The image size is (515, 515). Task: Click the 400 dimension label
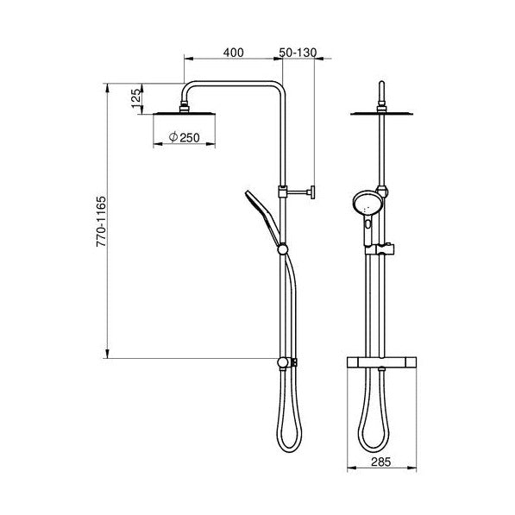click(233, 53)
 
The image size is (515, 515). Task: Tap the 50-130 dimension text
click(298, 53)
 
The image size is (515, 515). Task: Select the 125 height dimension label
click(136, 98)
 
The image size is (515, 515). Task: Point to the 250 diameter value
click(190, 138)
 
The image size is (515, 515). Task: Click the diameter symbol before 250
click(173, 136)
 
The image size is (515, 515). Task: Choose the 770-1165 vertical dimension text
click(101, 222)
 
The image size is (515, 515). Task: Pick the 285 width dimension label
click(381, 462)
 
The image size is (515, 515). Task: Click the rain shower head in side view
click(185, 113)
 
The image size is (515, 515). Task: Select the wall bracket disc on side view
click(313, 192)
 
